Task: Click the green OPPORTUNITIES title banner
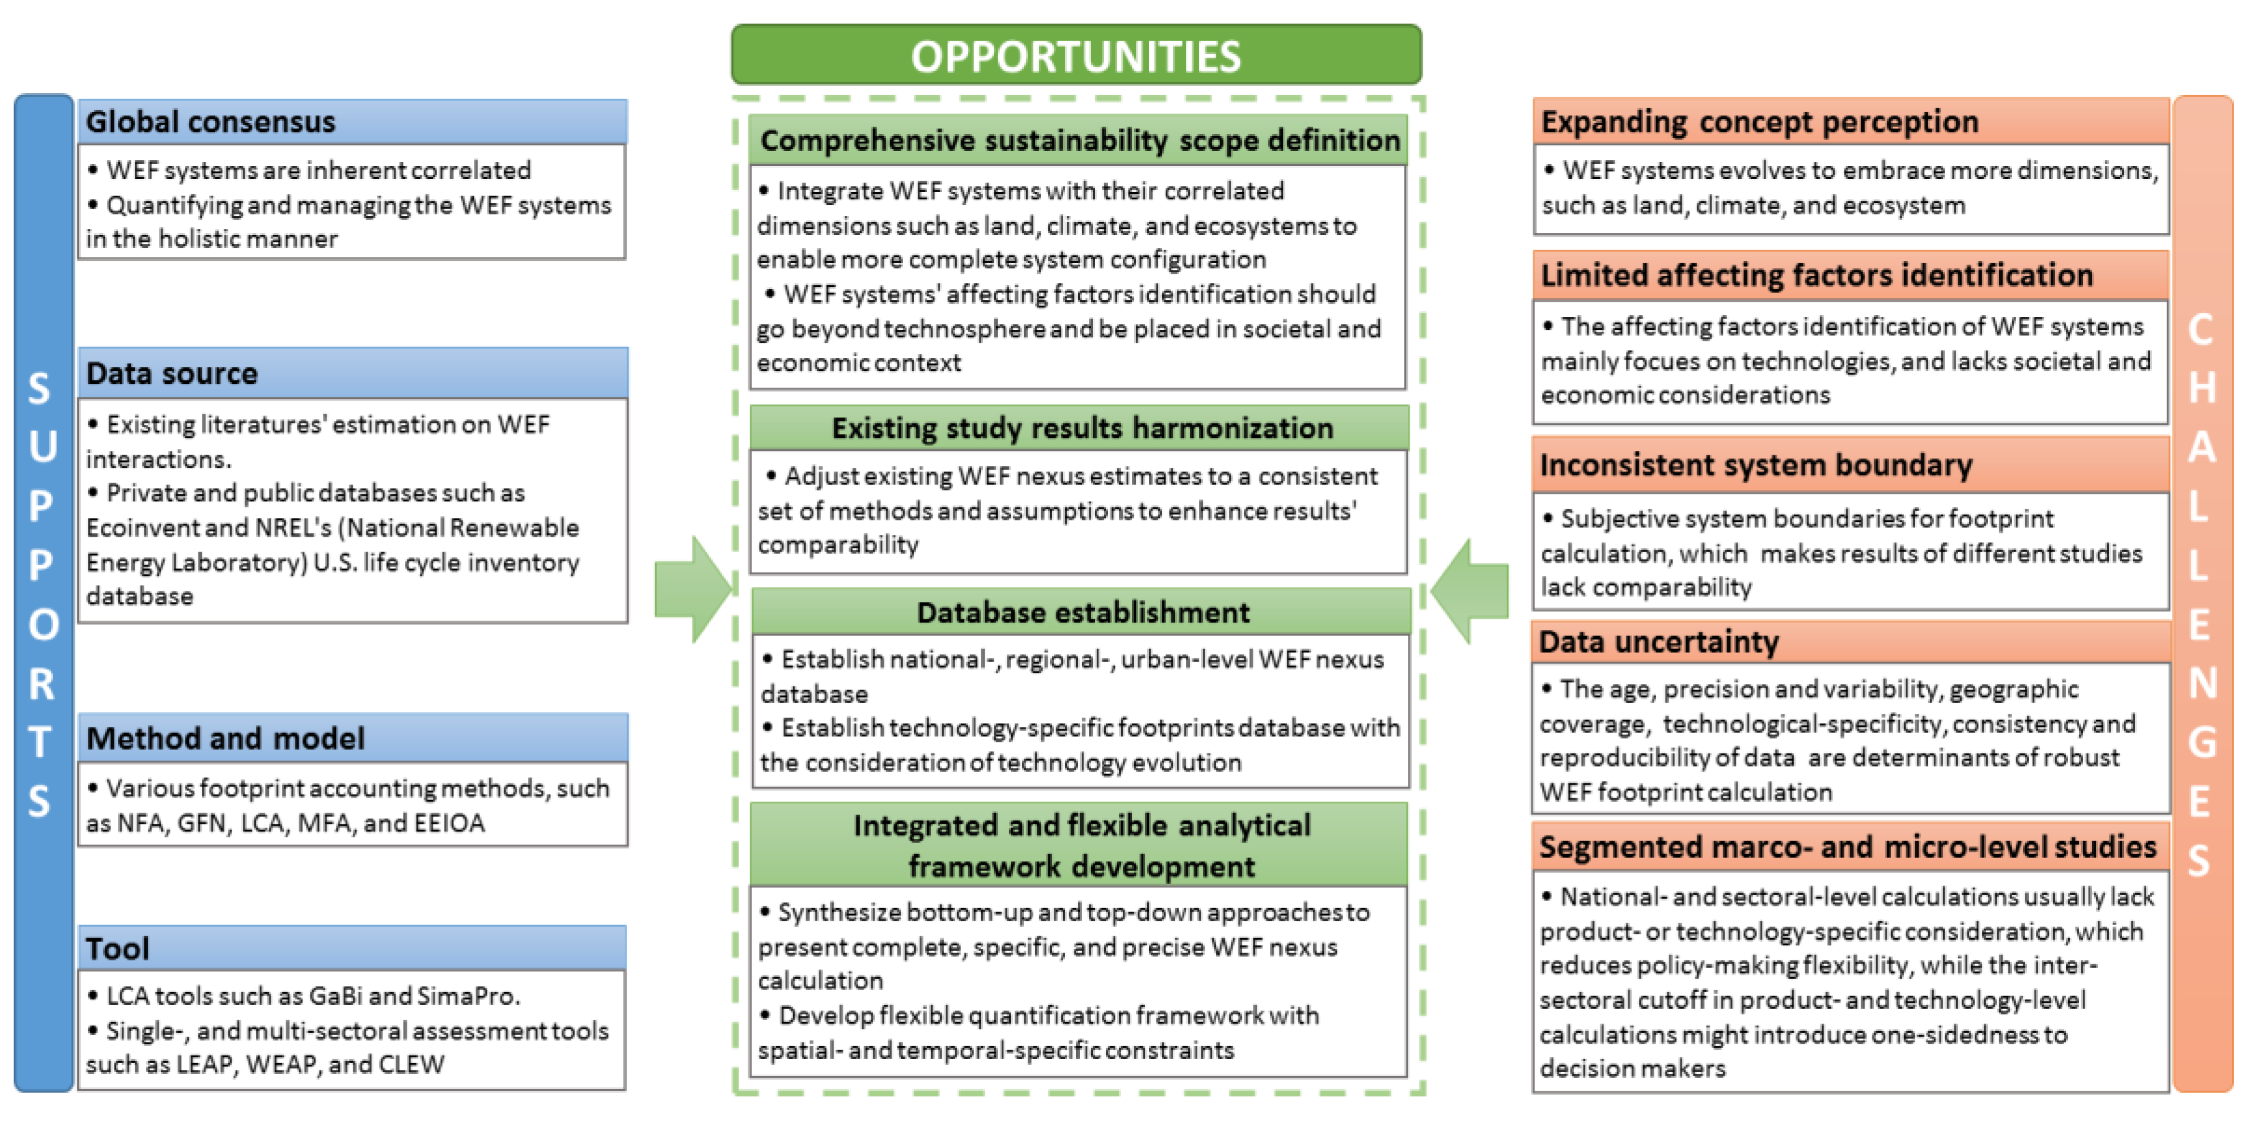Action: click(1076, 55)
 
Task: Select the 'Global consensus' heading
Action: click(211, 122)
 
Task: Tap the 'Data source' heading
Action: click(172, 373)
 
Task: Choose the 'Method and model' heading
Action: click(225, 739)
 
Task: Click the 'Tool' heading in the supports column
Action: click(117, 949)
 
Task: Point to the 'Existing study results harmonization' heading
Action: click(1082, 428)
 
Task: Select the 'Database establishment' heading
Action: click(1083, 613)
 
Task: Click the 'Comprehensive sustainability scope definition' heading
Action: click(1079, 140)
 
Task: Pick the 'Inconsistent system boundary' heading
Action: click(1756, 465)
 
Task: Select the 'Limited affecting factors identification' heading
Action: click(1816, 276)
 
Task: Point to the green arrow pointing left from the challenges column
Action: click(1471, 591)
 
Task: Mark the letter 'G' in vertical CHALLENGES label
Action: click(2202, 743)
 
